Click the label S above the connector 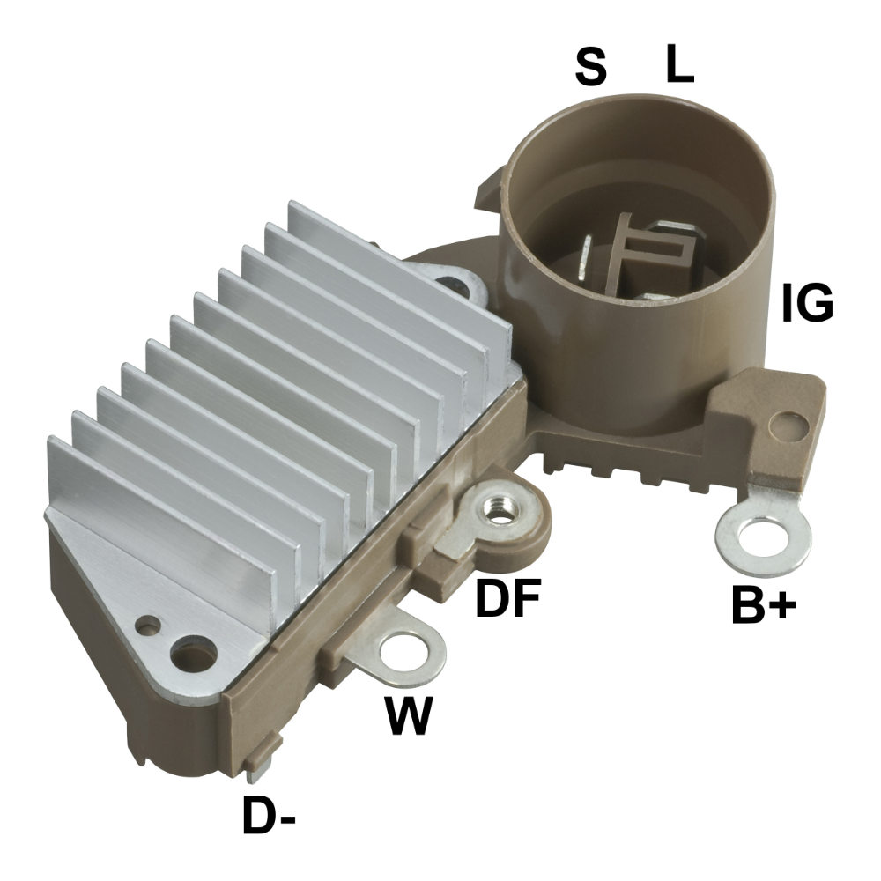[x=591, y=67]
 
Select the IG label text [x=806, y=305]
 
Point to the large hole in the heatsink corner [x=196, y=656]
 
